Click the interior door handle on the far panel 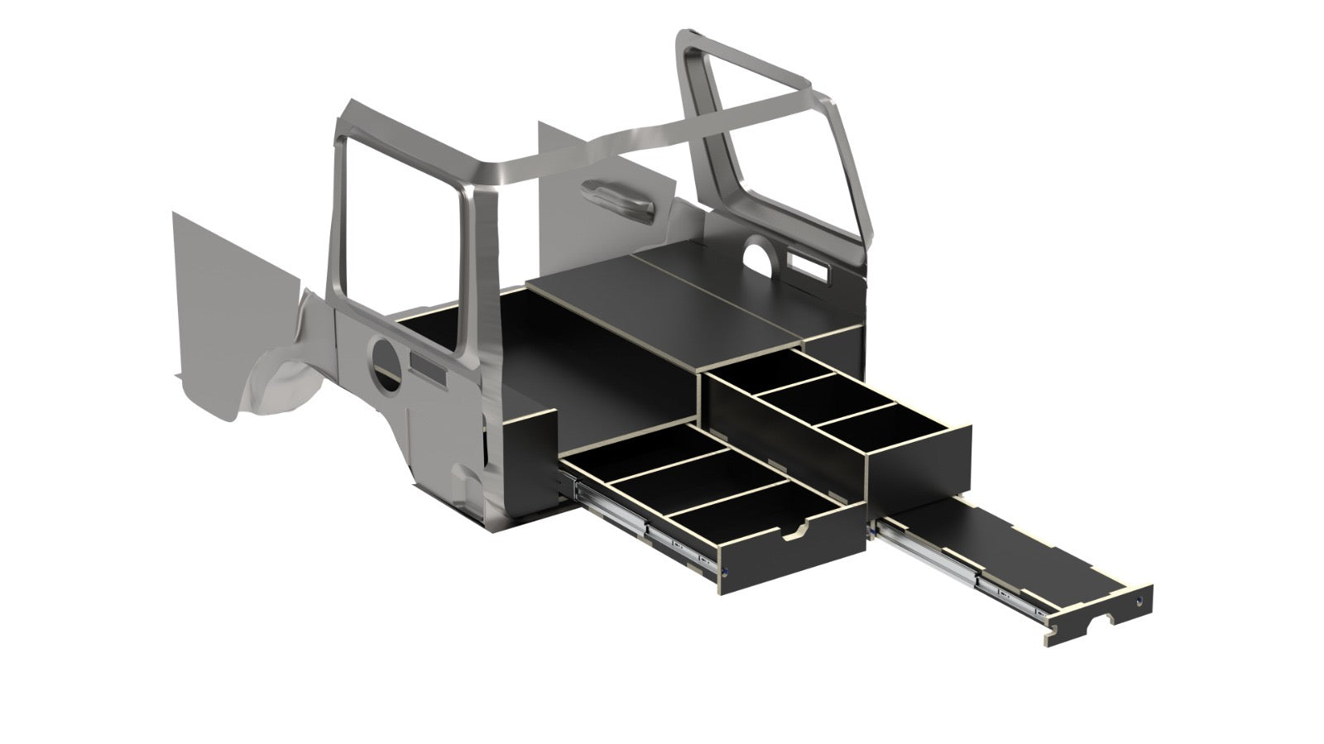616,199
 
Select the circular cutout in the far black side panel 757,252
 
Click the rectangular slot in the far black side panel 809,268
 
